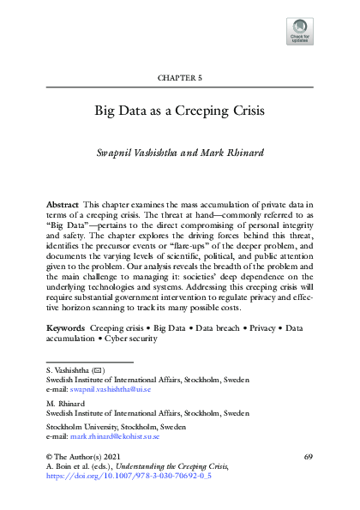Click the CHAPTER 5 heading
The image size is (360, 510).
tap(179, 78)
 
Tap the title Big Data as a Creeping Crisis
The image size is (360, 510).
tap(180, 111)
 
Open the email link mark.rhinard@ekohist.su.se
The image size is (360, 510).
tap(121, 435)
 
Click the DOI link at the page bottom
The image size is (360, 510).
tap(117, 472)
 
